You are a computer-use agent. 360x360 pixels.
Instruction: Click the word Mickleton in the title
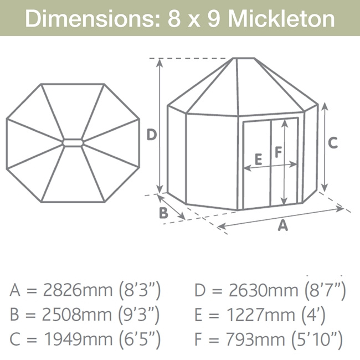(281, 19)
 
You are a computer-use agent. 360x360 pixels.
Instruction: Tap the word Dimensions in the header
(92, 19)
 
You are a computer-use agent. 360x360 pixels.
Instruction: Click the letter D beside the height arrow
(152, 135)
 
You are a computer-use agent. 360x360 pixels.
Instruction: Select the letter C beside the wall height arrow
(333, 142)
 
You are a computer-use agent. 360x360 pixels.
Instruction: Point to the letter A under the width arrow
(282, 225)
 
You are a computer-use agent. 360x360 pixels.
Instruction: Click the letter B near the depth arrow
(163, 213)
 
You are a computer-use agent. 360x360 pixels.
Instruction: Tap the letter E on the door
(259, 160)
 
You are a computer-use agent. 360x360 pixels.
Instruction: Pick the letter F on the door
(278, 152)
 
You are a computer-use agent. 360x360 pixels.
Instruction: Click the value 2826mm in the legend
(78, 290)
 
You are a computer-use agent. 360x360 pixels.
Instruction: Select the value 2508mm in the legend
(77, 315)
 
